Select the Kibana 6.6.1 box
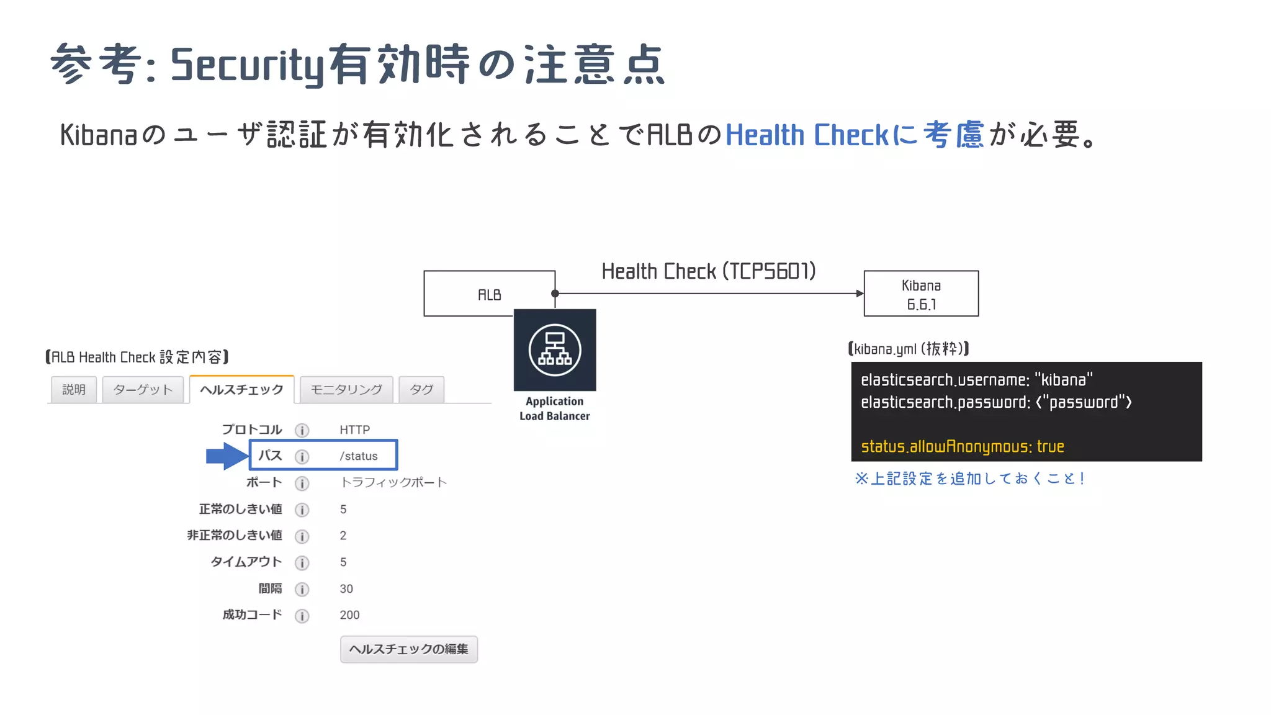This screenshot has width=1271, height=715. tap(921, 294)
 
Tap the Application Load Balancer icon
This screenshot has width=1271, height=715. tap(555, 350)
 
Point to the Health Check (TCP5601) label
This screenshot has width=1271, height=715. tap(709, 271)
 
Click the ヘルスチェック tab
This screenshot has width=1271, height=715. tap(241, 390)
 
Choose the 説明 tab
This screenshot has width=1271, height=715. tap(74, 390)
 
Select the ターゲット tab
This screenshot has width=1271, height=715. tap(143, 390)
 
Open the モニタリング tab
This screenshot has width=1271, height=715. tap(346, 390)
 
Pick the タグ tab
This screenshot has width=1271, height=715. tap(421, 390)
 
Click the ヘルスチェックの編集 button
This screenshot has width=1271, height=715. tap(409, 649)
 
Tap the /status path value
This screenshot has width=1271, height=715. tap(359, 456)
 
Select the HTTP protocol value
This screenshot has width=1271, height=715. tap(355, 429)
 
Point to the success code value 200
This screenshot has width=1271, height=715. tap(349, 615)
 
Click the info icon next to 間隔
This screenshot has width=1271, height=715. tap(302, 589)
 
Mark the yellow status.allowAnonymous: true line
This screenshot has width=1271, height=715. tap(963, 446)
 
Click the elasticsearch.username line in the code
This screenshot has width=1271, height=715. tap(976, 380)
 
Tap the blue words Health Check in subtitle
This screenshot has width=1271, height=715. tap(807, 135)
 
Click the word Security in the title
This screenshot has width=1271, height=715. tap(248, 65)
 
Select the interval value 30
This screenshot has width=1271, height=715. tap(346, 589)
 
